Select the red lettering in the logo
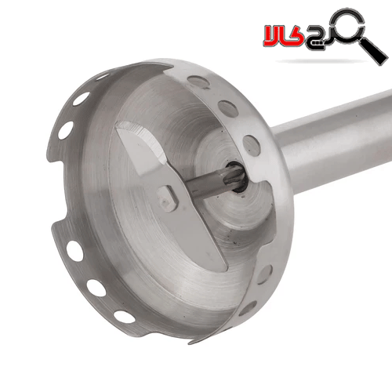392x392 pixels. [283, 36]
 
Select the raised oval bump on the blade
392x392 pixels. [167, 198]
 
